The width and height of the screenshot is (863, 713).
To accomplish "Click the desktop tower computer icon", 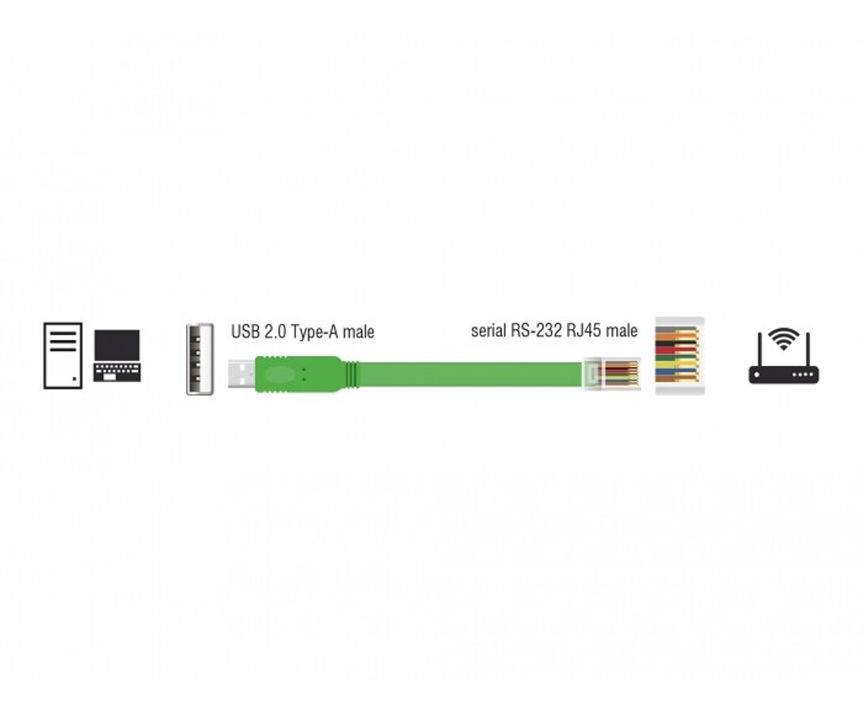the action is [x=63, y=356].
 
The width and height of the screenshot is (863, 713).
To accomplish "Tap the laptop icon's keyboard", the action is [x=117, y=372].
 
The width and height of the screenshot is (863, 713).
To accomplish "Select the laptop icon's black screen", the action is [x=116, y=345].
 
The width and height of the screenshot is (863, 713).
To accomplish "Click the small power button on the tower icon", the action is [x=74, y=379].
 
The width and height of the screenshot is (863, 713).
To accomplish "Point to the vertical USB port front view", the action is [x=200, y=359].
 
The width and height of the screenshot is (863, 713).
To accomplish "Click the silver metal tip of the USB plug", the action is [x=241, y=375].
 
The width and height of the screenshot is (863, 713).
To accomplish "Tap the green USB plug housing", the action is [x=300, y=375].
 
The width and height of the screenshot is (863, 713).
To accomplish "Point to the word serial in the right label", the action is [x=489, y=330].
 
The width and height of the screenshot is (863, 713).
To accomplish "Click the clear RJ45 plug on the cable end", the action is [x=611, y=374].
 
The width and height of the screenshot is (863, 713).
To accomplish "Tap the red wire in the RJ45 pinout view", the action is [x=676, y=349].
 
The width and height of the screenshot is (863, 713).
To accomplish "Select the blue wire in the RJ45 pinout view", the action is [x=676, y=372].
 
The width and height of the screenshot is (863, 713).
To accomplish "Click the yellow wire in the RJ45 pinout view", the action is [x=676, y=364].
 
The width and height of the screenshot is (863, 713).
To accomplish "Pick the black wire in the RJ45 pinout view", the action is [x=676, y=342].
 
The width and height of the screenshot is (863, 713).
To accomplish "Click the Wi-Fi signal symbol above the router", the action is [x=784, y=338].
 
